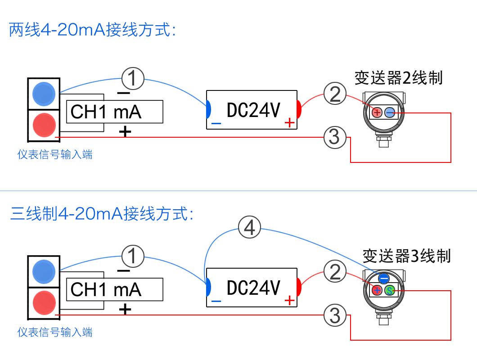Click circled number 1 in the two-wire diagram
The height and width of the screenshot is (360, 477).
click(x=133, y=79)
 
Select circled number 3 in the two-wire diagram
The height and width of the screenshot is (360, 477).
click(x=335, y=136)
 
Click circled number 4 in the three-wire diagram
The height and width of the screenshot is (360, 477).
click(x=249, y=228)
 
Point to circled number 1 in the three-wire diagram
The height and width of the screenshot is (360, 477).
click(x=133, y=256)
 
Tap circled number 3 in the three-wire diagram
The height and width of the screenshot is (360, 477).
click(x=335, y=315)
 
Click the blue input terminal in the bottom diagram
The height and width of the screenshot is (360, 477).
click(x=44, y=271)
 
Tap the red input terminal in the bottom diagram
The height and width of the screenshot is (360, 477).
click(x=44, y=301)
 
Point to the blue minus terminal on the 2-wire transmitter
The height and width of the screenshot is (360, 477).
click(x=390, y=113)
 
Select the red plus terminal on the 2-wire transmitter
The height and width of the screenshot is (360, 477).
click(x=377, y=113)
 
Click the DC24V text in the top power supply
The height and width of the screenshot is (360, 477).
click(x=253, y=110)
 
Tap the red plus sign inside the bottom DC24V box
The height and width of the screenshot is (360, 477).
click(x=289, y=300)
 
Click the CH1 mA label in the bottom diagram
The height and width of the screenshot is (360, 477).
click(x=106, y=289)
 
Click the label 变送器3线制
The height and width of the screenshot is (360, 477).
click(x=406, y=256)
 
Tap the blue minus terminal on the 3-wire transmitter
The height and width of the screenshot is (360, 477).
click(x=383, y=278)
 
